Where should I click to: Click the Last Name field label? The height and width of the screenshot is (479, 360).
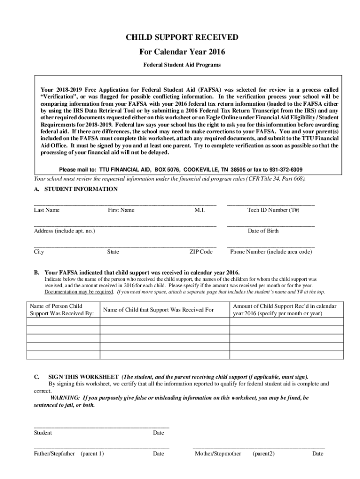pyautogui.click(x=47, y=210)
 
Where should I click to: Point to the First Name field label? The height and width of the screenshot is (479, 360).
pyautogui.click(x=121, y=210)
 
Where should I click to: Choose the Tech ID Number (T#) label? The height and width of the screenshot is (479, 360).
pyautogui.click(x=273, y=210)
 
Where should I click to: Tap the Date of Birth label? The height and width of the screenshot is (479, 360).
pyautogui.click(x=263, y=231)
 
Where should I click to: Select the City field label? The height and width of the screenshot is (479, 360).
pyautogui.click(x=39, y=252)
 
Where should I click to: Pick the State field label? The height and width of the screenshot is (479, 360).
pyautogui.click(x=113, y=252)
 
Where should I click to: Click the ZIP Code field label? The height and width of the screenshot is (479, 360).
pyautogui.click(x=201, y=252)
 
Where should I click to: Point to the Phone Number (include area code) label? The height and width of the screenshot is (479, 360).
pyautogui.click(x=271, y=252)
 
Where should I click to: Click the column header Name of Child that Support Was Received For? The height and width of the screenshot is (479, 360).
pyautogui.click(x=158, y=310)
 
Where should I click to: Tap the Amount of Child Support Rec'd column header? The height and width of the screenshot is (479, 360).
pyautogui.click(x=284, y=310)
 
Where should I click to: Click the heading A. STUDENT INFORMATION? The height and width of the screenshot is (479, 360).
pyautogui.click(x=76, y=189)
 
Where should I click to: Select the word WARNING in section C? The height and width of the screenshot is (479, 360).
pyautogui.click(x=65, y=398)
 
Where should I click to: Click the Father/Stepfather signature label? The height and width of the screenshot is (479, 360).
pyautogui.click(x=54, y=454)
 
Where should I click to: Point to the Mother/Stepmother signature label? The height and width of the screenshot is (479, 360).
pyautogui.click(x=218, y=454)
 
